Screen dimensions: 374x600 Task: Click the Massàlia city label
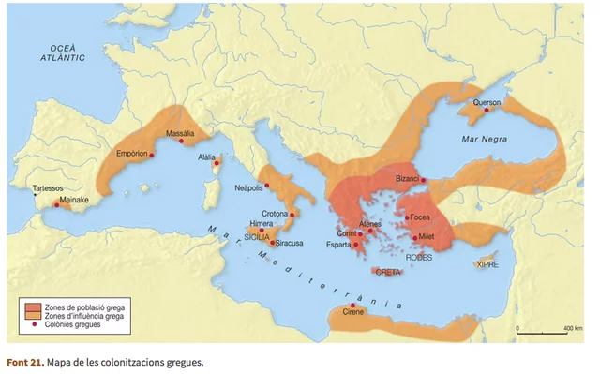click(179, 133)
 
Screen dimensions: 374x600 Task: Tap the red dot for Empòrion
click(152, 156)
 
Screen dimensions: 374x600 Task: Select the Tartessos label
click(49, 187)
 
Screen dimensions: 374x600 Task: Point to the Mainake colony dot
click(55, 205)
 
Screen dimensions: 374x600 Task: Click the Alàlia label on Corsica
click(206, 157)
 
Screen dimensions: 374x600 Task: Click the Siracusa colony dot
click(274, 243)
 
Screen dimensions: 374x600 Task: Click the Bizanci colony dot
click(423, 179)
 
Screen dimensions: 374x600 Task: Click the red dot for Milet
click(413, 238)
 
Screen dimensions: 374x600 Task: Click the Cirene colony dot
click(352, 307)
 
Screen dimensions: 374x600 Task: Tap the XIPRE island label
click(487, 264)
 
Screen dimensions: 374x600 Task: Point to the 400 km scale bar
click(545, 331)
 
